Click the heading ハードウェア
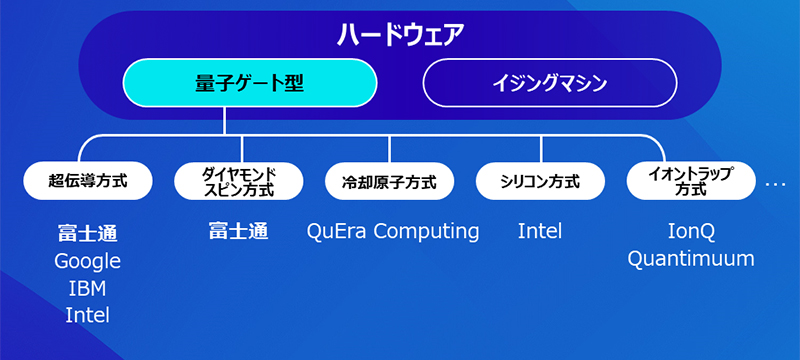pyautogui.click(x=400, y=34)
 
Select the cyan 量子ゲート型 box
pyautogui.click(x=250, y=83)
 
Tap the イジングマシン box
pyautogui.click(x=549, y=83)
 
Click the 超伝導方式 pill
pyautogui.click(x=88, y=181)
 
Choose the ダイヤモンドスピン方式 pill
pyautogui.click(x=238, y=181)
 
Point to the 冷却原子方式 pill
pyautogui.click(x=390, y=181)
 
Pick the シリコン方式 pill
pyautogui.click(x=540, y=181)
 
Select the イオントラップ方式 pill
pyautogui.click(x=690, y=181)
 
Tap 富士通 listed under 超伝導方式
pyautogui.click(x=88, y=234)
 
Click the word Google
pyautogui.click(x=88, y=261)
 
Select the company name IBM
pyautogui.click(x=88, y=288)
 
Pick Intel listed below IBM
pyautogui.click(x=88, y=315)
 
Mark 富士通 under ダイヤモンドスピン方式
pyautogui.click(x=238, y=232)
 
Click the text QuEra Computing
pyautogui.click(x=393, y=232)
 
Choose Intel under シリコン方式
pyautogui.click(x=540, y=232)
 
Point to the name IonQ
pyautogui.click(x=691, y=232)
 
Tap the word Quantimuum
pyautogui.click(x=691, y=259)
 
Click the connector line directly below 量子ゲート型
pyautogui.click(x=225, y=120)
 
